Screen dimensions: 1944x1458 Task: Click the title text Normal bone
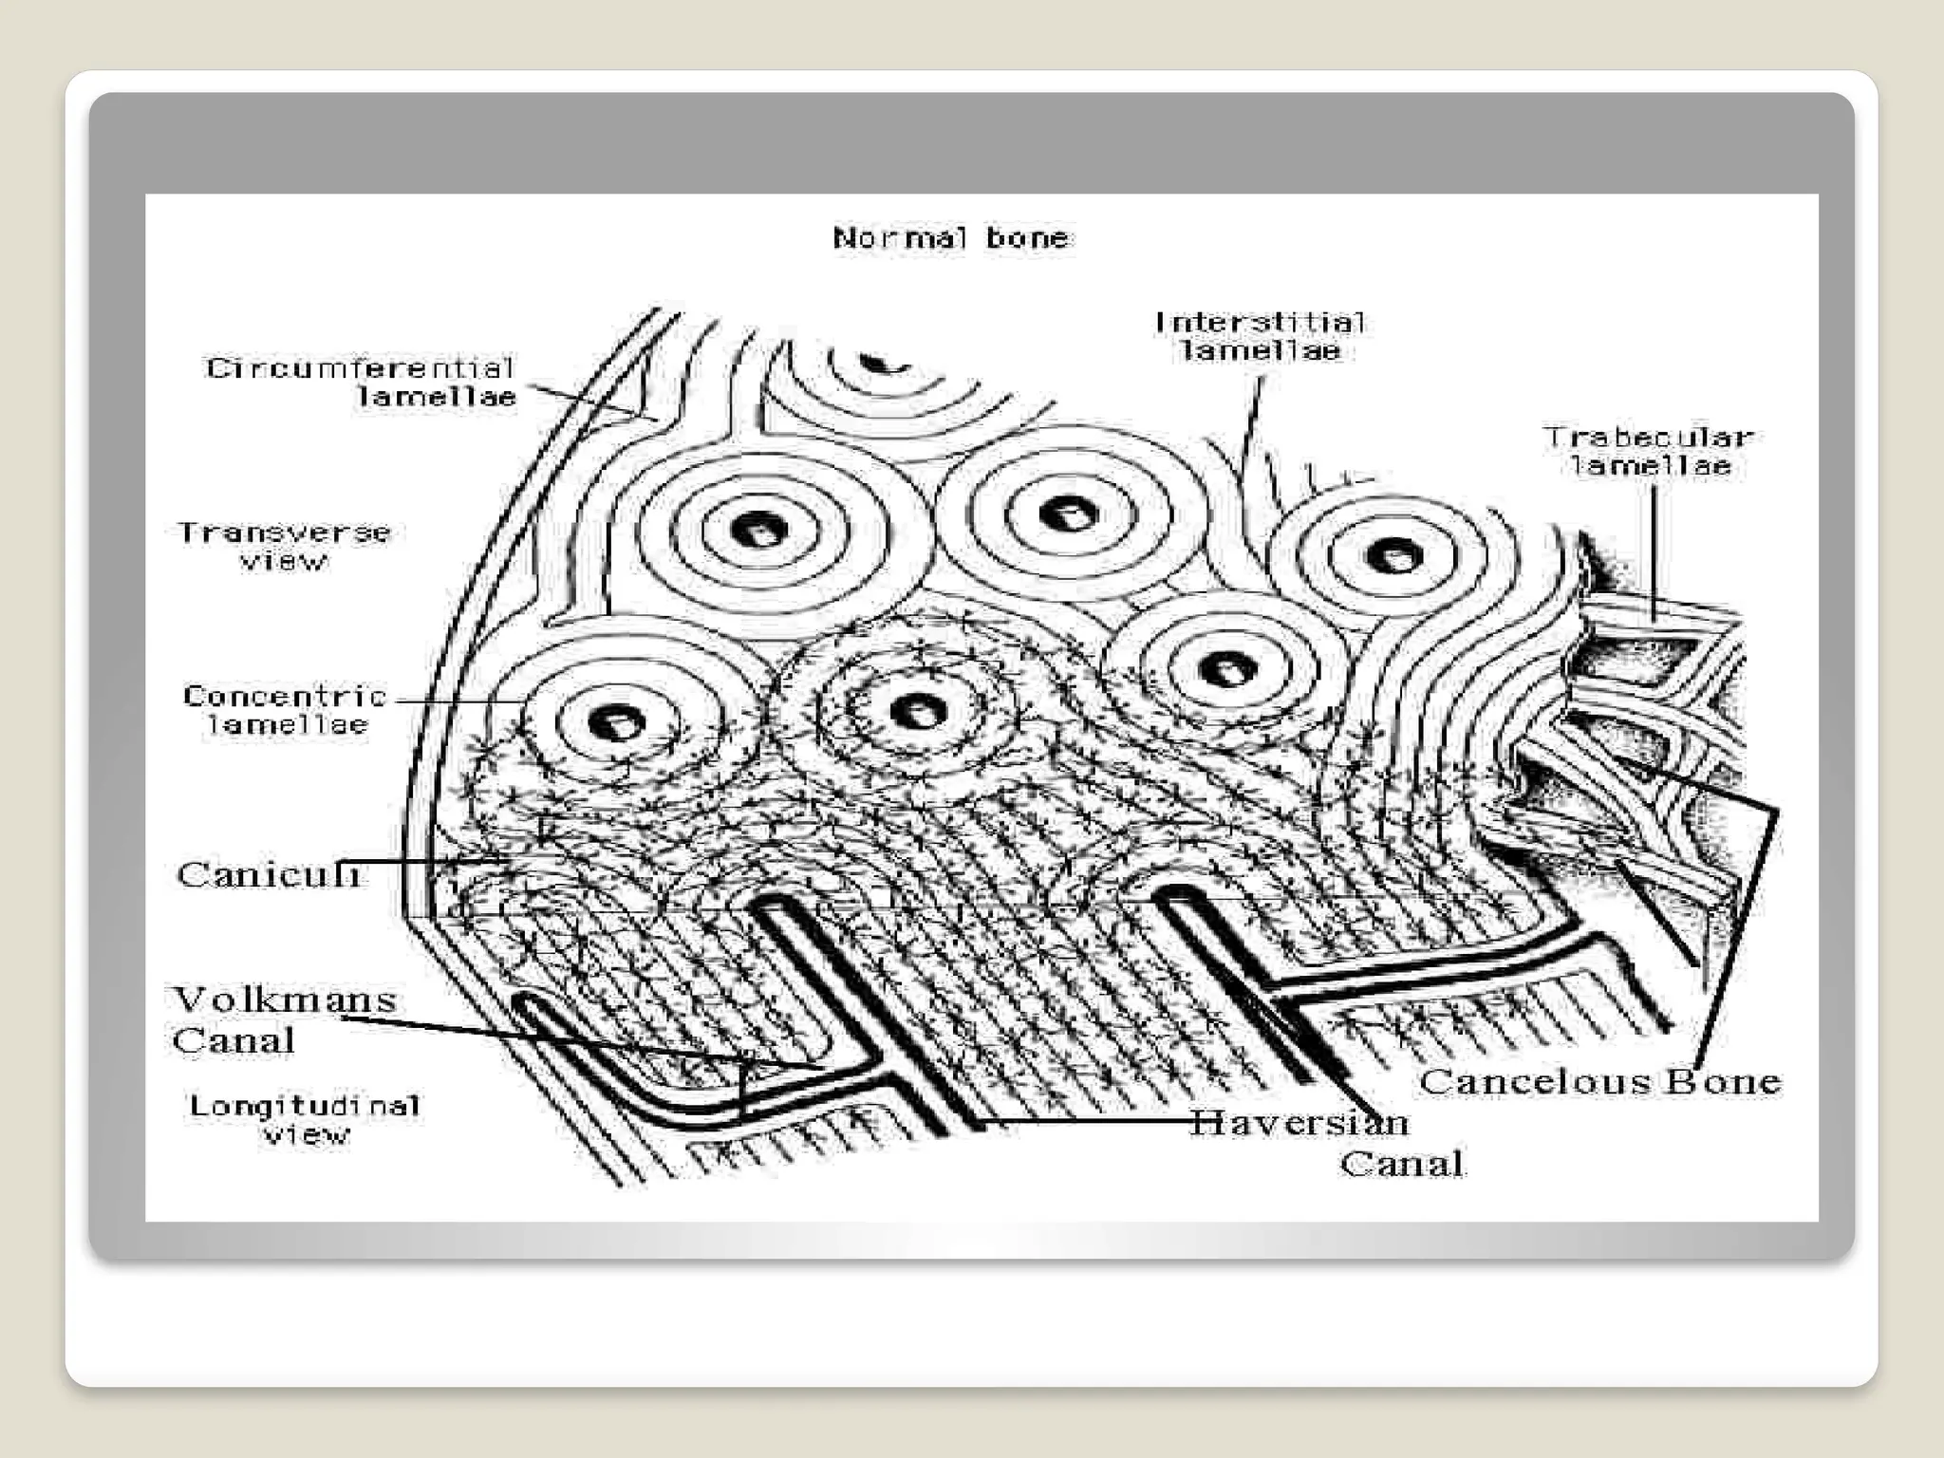pos(952,237)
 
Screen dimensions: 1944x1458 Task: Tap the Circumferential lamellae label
pos(361,382)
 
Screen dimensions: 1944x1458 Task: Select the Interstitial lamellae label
pos(1260,337)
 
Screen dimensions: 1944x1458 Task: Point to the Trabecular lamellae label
pos(1649,451)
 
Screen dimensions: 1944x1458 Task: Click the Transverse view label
pos(284,546)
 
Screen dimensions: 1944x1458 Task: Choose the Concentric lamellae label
pos(285,710)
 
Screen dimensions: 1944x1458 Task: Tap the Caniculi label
pos(269,874)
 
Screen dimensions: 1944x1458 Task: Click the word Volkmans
pos(284,1000)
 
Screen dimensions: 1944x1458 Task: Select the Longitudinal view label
pos(305,1119)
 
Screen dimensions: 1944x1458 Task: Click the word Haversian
pos(1299,1123)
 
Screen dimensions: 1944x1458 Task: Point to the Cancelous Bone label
pos(1599,1081)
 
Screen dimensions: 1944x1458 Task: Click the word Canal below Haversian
pos(1401,1164)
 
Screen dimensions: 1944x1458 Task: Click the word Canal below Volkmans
pos(234,1041)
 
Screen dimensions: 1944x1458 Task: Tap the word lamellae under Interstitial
pos(1260,351)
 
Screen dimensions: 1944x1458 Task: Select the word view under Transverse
pos(283,561)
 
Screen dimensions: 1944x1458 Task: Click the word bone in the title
pos(1028,237)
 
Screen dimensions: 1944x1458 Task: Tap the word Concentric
pos(285,696)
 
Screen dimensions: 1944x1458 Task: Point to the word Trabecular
pos(1649,438)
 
